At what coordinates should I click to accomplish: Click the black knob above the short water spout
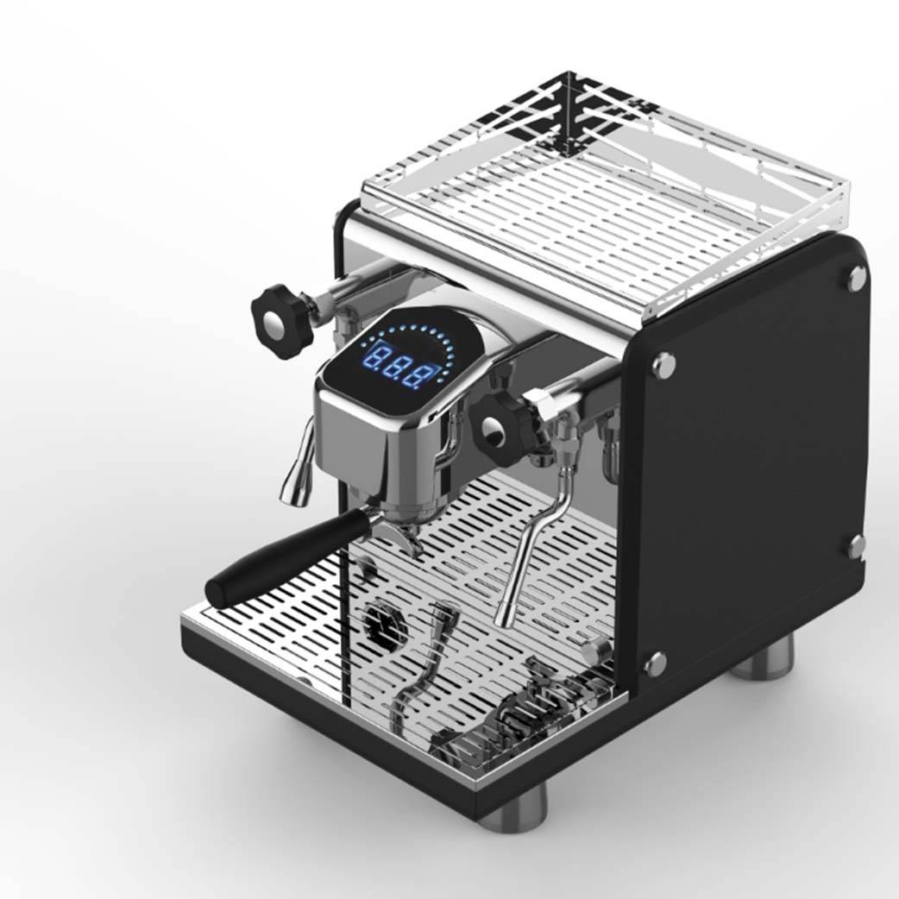[283, 321]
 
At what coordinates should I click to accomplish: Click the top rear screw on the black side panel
[857, 278]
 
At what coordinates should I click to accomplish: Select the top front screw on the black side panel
[663, 365]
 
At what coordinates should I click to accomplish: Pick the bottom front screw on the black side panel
[656, 663]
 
